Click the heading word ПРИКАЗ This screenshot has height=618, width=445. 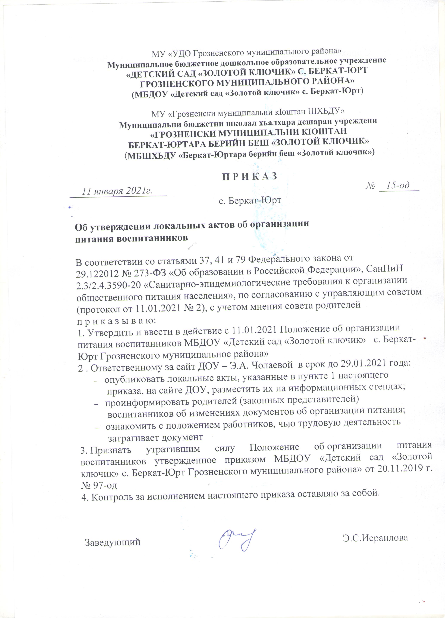[x=250, y=176]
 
